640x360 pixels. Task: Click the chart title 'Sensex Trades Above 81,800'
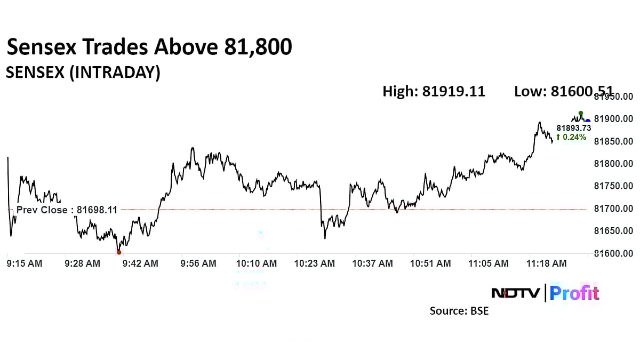coord(149,47)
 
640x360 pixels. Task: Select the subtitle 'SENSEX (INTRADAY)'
coord(83,73)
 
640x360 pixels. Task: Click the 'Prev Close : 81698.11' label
coord(67,210)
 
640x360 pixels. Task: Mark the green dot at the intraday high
coord(581,114)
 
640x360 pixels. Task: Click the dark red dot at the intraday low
coord(119,252)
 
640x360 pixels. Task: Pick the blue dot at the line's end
coord(587,121)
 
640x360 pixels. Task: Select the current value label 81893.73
coord(573,128)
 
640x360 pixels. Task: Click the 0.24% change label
coord(571,137)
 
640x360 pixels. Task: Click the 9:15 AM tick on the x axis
coord(25,263)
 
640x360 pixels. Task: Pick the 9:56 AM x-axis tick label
coord(198,263)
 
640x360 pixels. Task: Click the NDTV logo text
coord(515,293)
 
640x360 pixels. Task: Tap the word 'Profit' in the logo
coord(574,293)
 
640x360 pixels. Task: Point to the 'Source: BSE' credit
coord(459,310)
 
